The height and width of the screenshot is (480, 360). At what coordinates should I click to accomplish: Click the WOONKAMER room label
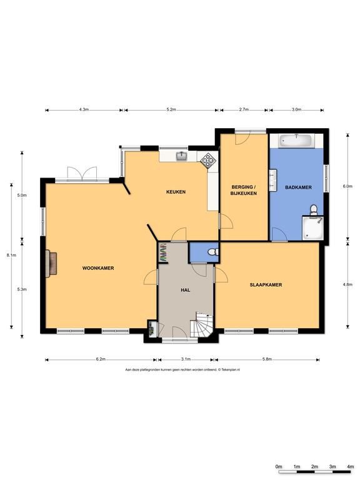coord(97,267)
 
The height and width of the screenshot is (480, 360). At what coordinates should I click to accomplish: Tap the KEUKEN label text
coord(176,191)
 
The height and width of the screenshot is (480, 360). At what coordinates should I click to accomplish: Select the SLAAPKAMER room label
coord(266,285)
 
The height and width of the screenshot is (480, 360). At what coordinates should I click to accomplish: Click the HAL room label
coord(185,291)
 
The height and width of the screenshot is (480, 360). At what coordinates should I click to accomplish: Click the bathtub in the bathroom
coord(296,141)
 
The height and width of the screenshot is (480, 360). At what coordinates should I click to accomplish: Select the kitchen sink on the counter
coord(182,156)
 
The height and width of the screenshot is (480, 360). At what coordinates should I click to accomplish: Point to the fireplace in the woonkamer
coord(49,262)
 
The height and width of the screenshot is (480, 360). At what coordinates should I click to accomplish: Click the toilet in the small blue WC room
coord(213,252)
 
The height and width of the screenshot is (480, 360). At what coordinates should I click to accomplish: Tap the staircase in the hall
coord(202,325)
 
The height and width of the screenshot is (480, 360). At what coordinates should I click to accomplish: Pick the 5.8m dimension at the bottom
coord(267,359)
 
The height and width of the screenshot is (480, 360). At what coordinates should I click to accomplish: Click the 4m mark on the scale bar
coord(350,467)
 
